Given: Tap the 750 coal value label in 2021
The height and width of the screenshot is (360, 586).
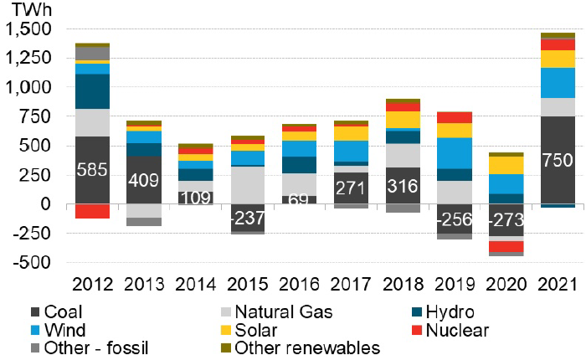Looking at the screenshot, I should coord(558,161).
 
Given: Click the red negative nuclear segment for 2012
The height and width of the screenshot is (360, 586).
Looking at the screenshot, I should coord(92,211).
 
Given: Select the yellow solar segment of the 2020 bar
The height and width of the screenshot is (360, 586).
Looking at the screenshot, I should coord(506,165).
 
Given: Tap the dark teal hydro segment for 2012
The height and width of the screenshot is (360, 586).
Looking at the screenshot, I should coord(92,91).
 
